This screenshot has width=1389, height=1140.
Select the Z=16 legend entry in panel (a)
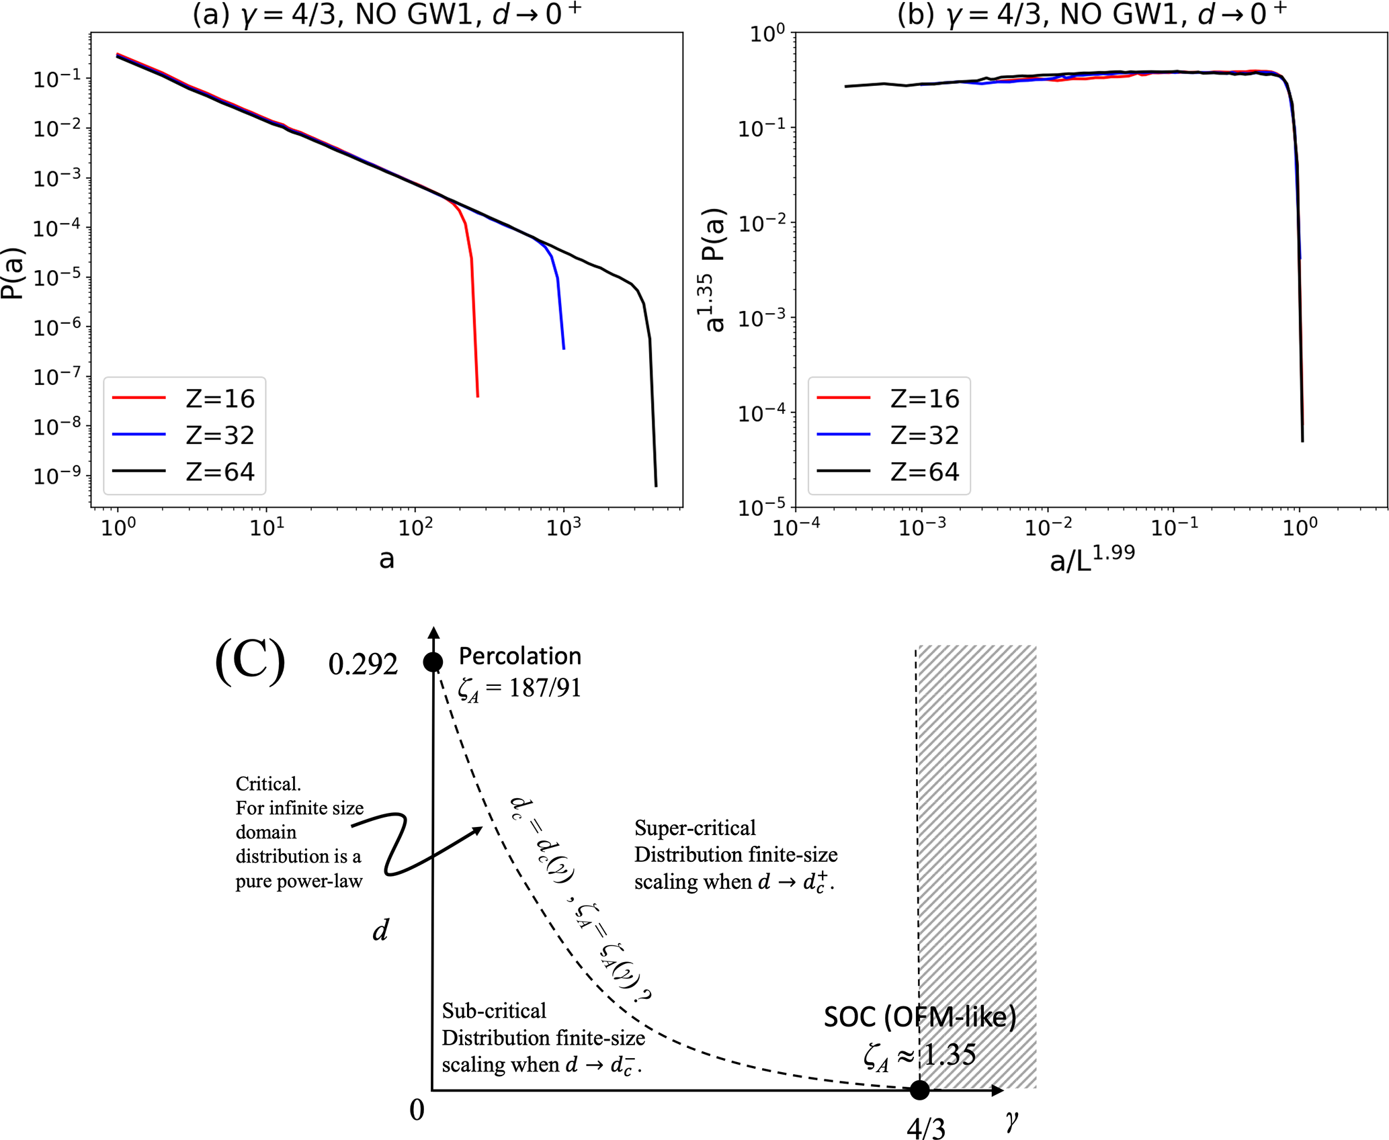coord(183,398)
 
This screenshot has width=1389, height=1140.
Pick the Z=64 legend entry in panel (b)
coord(888,472)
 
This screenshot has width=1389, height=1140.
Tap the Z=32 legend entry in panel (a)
coord(183,435)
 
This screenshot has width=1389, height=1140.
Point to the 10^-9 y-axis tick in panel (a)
coord(57,474)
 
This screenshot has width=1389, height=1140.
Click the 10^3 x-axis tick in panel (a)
coord(563,528)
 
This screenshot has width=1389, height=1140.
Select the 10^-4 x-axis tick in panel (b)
coord(796,528)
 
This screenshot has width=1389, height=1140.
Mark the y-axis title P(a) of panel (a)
coord(13,273)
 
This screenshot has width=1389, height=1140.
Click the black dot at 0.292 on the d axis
coord(433,662)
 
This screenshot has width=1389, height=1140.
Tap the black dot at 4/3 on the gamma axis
coord(919,1090)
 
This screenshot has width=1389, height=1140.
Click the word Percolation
coord(520,656)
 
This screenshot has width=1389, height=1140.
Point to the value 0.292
coord(363,664)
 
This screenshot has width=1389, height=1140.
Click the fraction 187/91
coord(545,688)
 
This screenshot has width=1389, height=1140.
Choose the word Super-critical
coord(695,828)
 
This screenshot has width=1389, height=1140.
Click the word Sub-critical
coord(494,1011)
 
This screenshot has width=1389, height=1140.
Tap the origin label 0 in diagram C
coord(417,1110)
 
